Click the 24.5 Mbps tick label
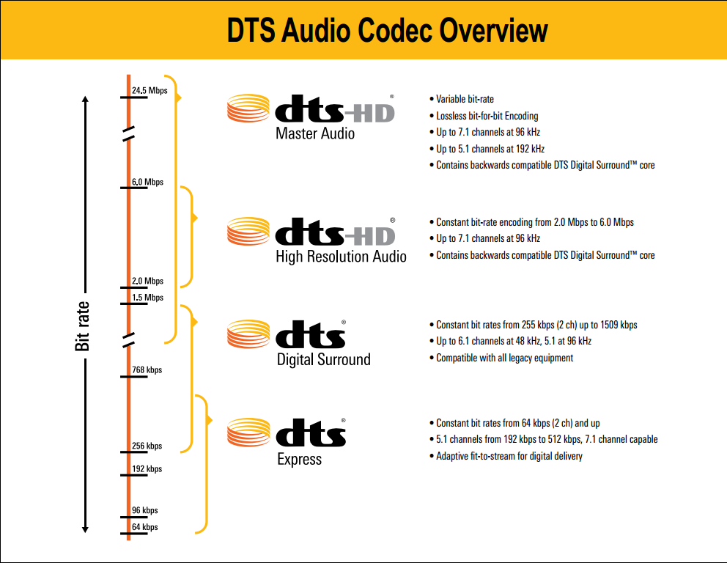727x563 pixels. click(x=150, y=90)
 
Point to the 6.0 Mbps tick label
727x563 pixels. click(x=147, y=182)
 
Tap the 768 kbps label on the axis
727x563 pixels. click(x=147, y=369)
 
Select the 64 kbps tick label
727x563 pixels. click(x=144, y=527)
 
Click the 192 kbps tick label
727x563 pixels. click(x=147, y=469)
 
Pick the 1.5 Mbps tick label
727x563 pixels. click(x=147, y=298)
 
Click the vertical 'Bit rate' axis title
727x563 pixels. click(x=82, y=326)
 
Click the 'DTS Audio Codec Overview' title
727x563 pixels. click(x=387, y=30)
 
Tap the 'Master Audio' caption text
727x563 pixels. click(x=315, y=133)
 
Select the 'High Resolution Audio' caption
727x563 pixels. click(x=342, y=257)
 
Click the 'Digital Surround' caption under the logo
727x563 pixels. click(x=324, y=359)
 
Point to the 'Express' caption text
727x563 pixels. click(x=300, y=459)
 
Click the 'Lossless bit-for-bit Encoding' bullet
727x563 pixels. click(x=487, y=116)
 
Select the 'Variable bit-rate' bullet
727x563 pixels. click(x=465, y=99)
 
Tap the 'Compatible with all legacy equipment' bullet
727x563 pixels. click(x=504, y=358)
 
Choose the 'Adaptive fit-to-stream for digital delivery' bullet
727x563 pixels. click(x=509, y=456)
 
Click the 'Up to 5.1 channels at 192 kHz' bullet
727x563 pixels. click(x=490, y=149)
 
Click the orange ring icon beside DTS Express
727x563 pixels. click(x=248, y=433)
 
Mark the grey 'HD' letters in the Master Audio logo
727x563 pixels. click(x=369, y=113)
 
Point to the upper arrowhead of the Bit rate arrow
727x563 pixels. click(x=85, y=99)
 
